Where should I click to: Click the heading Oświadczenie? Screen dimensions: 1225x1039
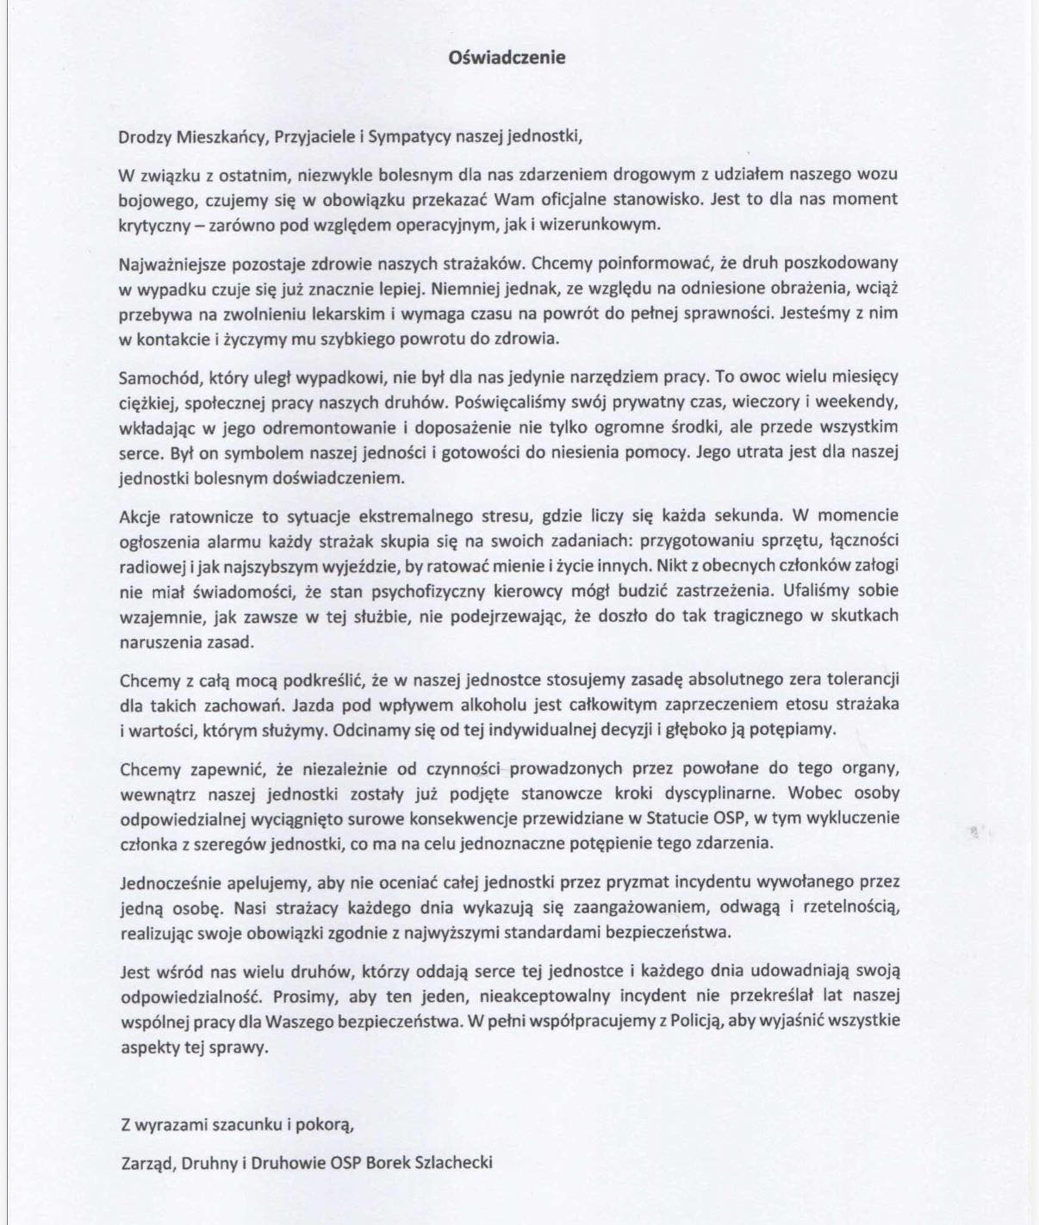point(507,58)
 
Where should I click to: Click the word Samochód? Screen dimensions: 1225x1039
point(152,376)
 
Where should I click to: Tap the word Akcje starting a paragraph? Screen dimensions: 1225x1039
point(139,515)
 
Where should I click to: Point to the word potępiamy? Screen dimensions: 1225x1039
point(795,729)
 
